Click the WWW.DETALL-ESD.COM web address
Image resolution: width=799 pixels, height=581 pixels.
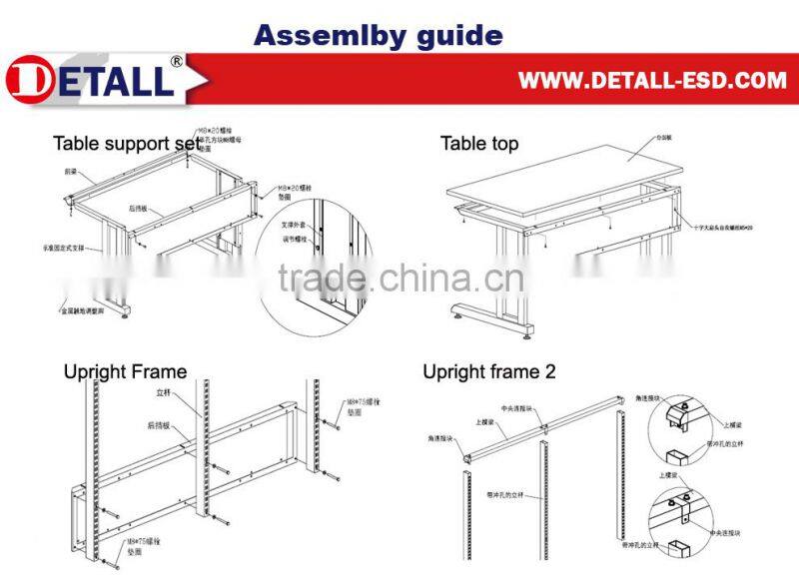click(x=651, y=80)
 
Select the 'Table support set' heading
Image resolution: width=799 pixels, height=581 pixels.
click(x=126, y=144)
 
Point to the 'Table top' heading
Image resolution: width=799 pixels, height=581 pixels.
click(x=479, y=144)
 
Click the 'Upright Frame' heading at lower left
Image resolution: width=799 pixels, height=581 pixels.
click(x=125, y=372)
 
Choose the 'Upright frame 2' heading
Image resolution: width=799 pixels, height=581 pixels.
click(x=489, y=372)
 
